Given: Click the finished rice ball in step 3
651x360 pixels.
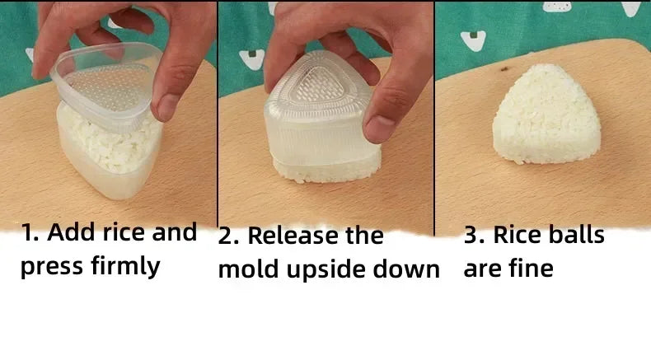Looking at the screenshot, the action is point(546,115).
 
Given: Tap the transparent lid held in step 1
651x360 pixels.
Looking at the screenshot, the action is point(105,85).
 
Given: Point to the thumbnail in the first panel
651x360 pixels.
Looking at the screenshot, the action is point(166,107).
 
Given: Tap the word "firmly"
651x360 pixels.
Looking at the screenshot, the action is point(125,266).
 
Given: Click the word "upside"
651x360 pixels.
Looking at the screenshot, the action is point(326,270).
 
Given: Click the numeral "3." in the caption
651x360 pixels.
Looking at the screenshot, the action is point(474,235).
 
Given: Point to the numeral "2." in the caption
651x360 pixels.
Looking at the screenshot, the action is point(228,236).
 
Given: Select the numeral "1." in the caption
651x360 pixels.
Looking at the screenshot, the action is point(30,232).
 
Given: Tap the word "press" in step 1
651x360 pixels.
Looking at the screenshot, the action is point(52,267).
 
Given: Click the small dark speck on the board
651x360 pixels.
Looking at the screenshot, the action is point(505,69).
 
